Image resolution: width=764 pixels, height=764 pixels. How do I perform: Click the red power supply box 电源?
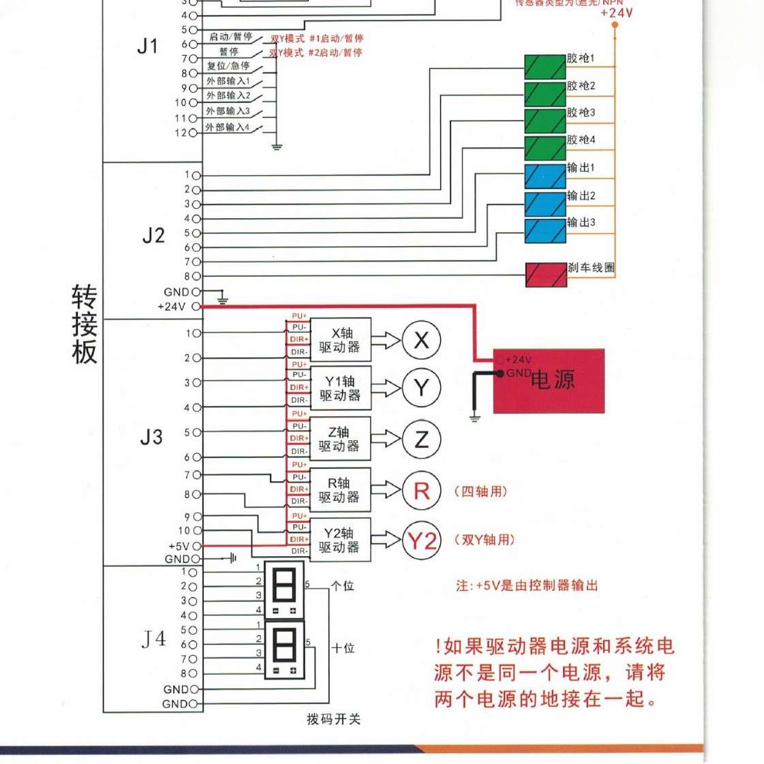click(x=549, y=381)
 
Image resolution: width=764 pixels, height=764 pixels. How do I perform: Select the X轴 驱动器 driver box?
click(x=340, y=340)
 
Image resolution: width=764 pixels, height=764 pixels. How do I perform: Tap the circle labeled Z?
click(x=422, y=440)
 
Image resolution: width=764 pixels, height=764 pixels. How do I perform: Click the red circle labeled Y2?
click(x=422, y=541)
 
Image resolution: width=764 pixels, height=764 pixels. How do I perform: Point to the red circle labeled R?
click(x=422, y=491)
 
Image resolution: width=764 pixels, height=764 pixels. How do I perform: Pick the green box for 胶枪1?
click(x=545, y=66)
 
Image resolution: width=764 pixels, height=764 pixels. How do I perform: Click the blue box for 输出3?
click(x=545, y=231)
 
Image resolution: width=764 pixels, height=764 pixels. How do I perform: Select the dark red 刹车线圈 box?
click(x=545, y=275)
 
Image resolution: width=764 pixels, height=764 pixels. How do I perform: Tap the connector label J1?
click(x=147, y=46)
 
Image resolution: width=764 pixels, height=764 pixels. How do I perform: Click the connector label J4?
click(x=153, y=639)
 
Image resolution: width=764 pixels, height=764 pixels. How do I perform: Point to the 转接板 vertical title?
click(x=85, y=324)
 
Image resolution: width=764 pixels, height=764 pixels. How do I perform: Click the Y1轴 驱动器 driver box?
click(x=340, y=388)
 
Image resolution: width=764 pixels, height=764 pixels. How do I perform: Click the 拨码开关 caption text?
click(x=333, y=719)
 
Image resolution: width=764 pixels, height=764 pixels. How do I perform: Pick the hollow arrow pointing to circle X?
click(x=386, y=340)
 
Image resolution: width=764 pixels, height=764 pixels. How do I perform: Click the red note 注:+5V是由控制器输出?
click(x=526, y=585)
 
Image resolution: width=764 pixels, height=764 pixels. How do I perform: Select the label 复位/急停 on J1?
click(x=228, y=66)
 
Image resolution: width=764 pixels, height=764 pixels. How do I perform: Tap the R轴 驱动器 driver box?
click(x=340, y=490)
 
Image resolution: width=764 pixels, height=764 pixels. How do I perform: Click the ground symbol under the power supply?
click(x=475, y=417)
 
